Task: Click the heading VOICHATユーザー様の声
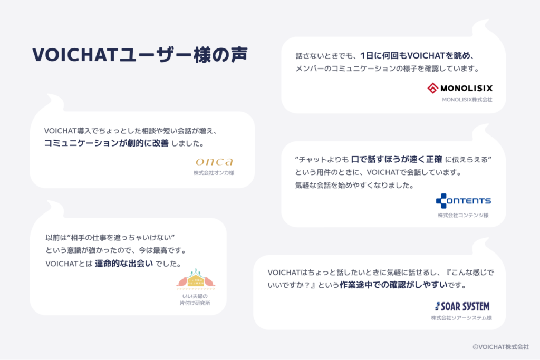[139, 55]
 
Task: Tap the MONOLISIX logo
[459, 88]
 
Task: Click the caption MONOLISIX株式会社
[467, 99]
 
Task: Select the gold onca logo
[214, 161]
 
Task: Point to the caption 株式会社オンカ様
[213, 172]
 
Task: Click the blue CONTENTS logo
[463, 201]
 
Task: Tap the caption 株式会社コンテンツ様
[463, 215]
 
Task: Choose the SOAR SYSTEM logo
[462, 306]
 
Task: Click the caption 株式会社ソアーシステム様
[461, 318]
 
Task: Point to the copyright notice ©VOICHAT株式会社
[500, 347]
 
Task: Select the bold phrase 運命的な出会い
[124, 263]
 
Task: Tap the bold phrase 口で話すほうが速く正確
[397, 159]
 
